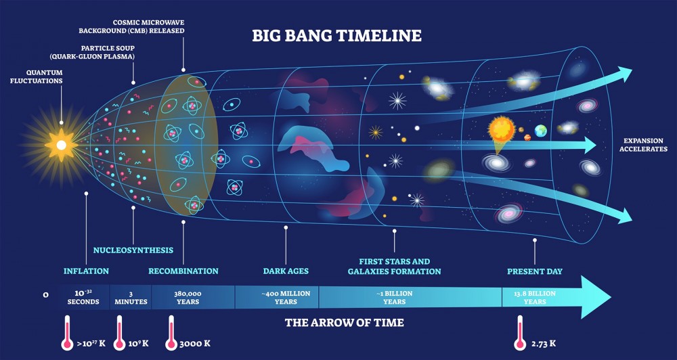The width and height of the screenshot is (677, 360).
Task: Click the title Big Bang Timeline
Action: [336, 35]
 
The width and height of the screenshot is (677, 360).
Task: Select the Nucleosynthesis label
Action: [133, 250]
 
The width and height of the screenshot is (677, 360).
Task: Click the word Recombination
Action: [183, 271]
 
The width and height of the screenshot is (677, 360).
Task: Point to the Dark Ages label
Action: [286, 271]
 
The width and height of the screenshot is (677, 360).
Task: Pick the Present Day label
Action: [535, 271]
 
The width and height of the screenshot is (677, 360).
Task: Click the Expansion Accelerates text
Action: [645, 145]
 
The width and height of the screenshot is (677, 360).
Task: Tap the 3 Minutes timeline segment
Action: [131, 298]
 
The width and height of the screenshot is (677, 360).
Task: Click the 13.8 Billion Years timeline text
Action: [535, 298]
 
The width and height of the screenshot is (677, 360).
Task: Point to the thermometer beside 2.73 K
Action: [520, 332]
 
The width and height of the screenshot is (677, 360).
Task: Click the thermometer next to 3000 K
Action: [171, 332]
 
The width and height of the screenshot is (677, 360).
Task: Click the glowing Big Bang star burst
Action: [61, 145]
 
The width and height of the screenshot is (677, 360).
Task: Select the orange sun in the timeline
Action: [502, 129]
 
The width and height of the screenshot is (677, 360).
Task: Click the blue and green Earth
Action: [540, 131]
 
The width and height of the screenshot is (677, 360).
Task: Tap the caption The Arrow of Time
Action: [344, 323]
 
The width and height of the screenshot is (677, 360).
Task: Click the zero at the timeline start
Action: [46, 295]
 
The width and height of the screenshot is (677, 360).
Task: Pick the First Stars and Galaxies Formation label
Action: [394, 267]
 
